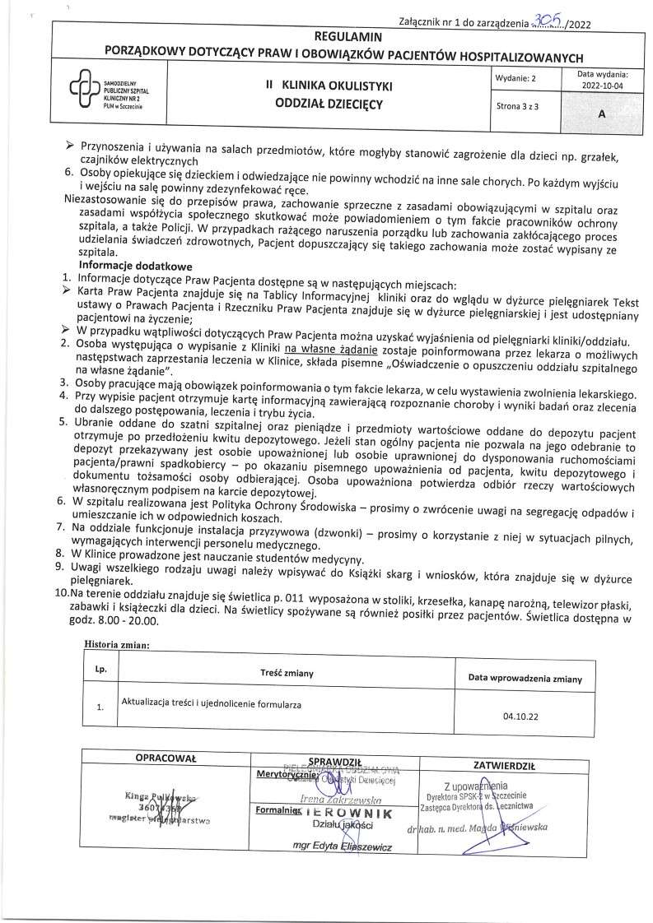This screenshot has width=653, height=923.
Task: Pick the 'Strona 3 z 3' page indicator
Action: (x=519, y=107)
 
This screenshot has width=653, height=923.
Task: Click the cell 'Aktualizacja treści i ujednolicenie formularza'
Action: (x=212, y=705)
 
